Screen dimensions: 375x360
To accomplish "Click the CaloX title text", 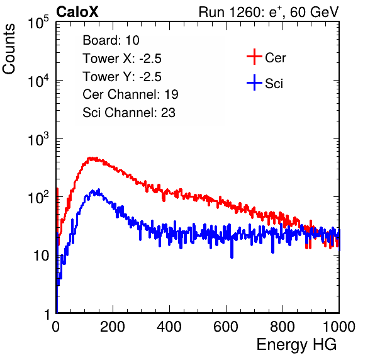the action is point(77,12).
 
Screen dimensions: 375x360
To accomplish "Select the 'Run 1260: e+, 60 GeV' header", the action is point(269,12).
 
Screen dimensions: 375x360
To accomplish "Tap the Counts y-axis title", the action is point(9,49).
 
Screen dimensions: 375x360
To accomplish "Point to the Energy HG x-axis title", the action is point(296,345).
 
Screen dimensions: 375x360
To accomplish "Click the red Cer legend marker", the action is point(254,57).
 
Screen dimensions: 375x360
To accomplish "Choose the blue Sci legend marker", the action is point(254,82).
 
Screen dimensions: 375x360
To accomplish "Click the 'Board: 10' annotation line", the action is point(111,40).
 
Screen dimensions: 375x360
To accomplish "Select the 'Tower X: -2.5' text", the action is point(122,59).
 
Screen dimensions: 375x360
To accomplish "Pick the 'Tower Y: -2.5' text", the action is point(122,77).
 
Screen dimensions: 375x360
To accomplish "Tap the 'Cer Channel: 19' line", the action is point(130,94).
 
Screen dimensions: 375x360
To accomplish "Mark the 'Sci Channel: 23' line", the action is point(129,113).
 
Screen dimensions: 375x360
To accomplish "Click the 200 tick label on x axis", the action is point(113,327).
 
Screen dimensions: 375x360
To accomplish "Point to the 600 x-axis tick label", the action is point(226,327).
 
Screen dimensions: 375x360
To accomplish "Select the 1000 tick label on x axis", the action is point(339,327).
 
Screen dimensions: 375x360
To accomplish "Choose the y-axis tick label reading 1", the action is point(47,314).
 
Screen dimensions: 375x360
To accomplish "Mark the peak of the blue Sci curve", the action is point(99,189).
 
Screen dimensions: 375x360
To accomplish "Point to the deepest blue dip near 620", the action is point(232,256).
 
